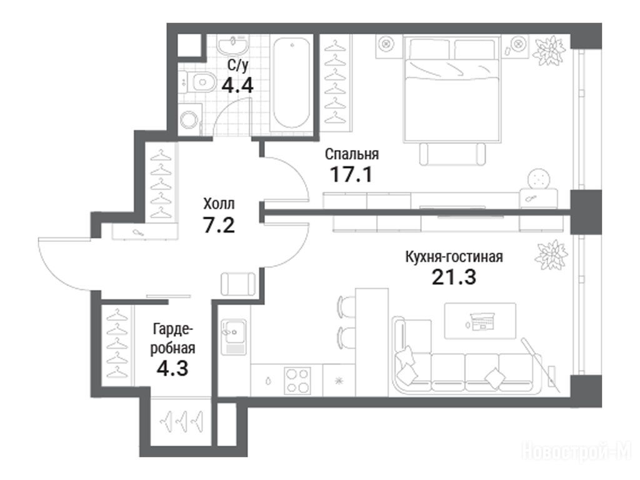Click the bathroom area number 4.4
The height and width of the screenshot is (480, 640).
tap(237, 86)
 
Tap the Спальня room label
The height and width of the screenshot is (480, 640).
tap(352, 154)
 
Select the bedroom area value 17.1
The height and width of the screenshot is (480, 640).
tap(351, 175)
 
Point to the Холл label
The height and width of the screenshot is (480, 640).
tap(219, 203)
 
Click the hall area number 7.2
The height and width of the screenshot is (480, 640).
tap(219, 224)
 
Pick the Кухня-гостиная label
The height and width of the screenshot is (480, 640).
tap(454, 257)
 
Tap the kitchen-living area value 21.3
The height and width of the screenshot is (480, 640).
tap(454, 277)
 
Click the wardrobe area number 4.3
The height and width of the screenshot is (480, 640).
tap(172, 368)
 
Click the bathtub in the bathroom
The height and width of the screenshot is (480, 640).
tap(291, 83)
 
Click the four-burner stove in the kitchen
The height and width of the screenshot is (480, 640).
tap(297, 381)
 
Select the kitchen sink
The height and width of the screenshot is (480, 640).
tap(234, 337)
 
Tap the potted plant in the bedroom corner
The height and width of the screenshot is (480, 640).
tap(549, 51)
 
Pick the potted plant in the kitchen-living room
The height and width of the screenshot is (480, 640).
tap(551, 255)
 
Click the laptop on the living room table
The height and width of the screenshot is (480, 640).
tap(482, 321)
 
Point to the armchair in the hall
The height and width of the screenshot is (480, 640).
tap(238, 284)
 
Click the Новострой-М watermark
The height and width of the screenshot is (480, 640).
tap(577, 452)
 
